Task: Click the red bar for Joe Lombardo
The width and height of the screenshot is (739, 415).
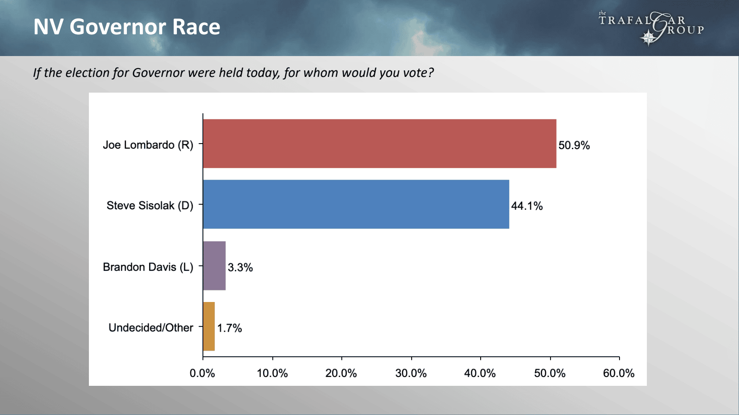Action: [x=380, y=144]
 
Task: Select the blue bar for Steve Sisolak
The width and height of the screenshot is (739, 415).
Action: [x=356, y=204]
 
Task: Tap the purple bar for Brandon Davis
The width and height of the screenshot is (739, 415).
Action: [x=214, y=265]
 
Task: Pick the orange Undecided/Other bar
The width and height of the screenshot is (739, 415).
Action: [x=209, y=326]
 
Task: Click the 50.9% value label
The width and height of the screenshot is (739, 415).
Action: [x=574, y=145]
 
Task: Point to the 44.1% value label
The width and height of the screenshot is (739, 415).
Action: [x=527, y=206]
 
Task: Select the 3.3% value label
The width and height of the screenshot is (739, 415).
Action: [x=240, y=267]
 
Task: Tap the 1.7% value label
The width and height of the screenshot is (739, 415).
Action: [x=230, y=328]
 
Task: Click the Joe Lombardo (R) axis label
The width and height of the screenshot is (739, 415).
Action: [x=148, y=145]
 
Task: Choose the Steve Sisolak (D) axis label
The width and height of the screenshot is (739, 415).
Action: [x=150, y=206]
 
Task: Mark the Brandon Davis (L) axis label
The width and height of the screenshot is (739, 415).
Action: [x=148, y=267]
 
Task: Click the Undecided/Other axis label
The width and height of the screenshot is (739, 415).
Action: [x=151, y=327]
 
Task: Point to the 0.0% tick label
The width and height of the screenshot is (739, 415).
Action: [x=202, y=373]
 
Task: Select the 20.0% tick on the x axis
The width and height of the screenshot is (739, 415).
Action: [x=341, y=373]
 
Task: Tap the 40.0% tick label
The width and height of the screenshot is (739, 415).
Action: [x=480, y=373]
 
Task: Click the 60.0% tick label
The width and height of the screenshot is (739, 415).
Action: [x=619, y=373]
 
